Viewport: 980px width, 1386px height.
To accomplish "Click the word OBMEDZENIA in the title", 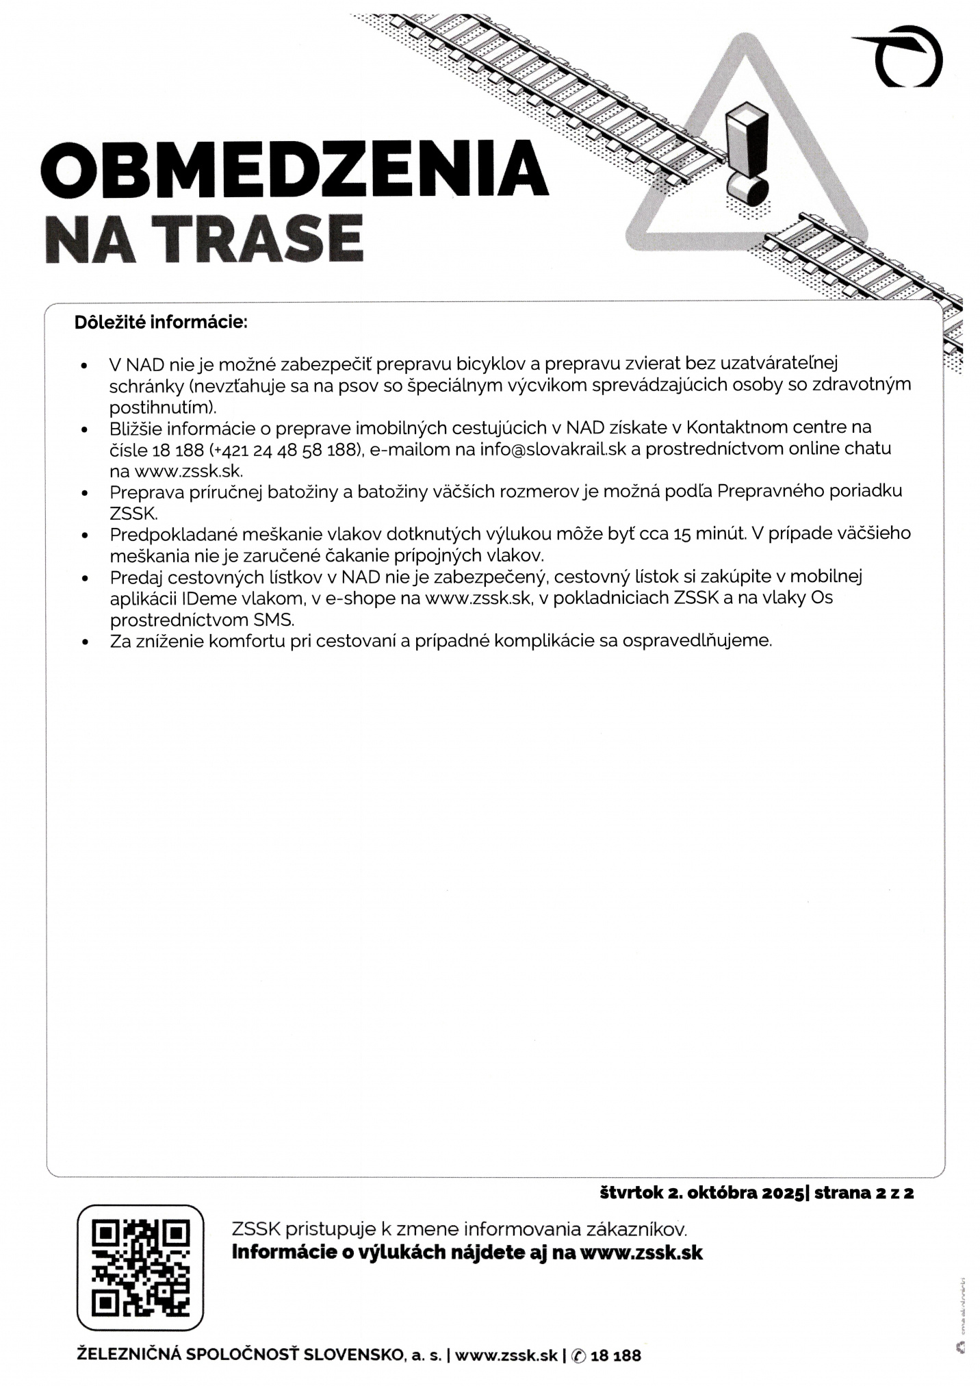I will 294,168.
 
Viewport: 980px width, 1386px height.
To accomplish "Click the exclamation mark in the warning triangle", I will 747,155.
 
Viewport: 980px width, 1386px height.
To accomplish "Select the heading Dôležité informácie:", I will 161,322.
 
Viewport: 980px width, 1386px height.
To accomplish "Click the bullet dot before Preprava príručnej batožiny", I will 85,493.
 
